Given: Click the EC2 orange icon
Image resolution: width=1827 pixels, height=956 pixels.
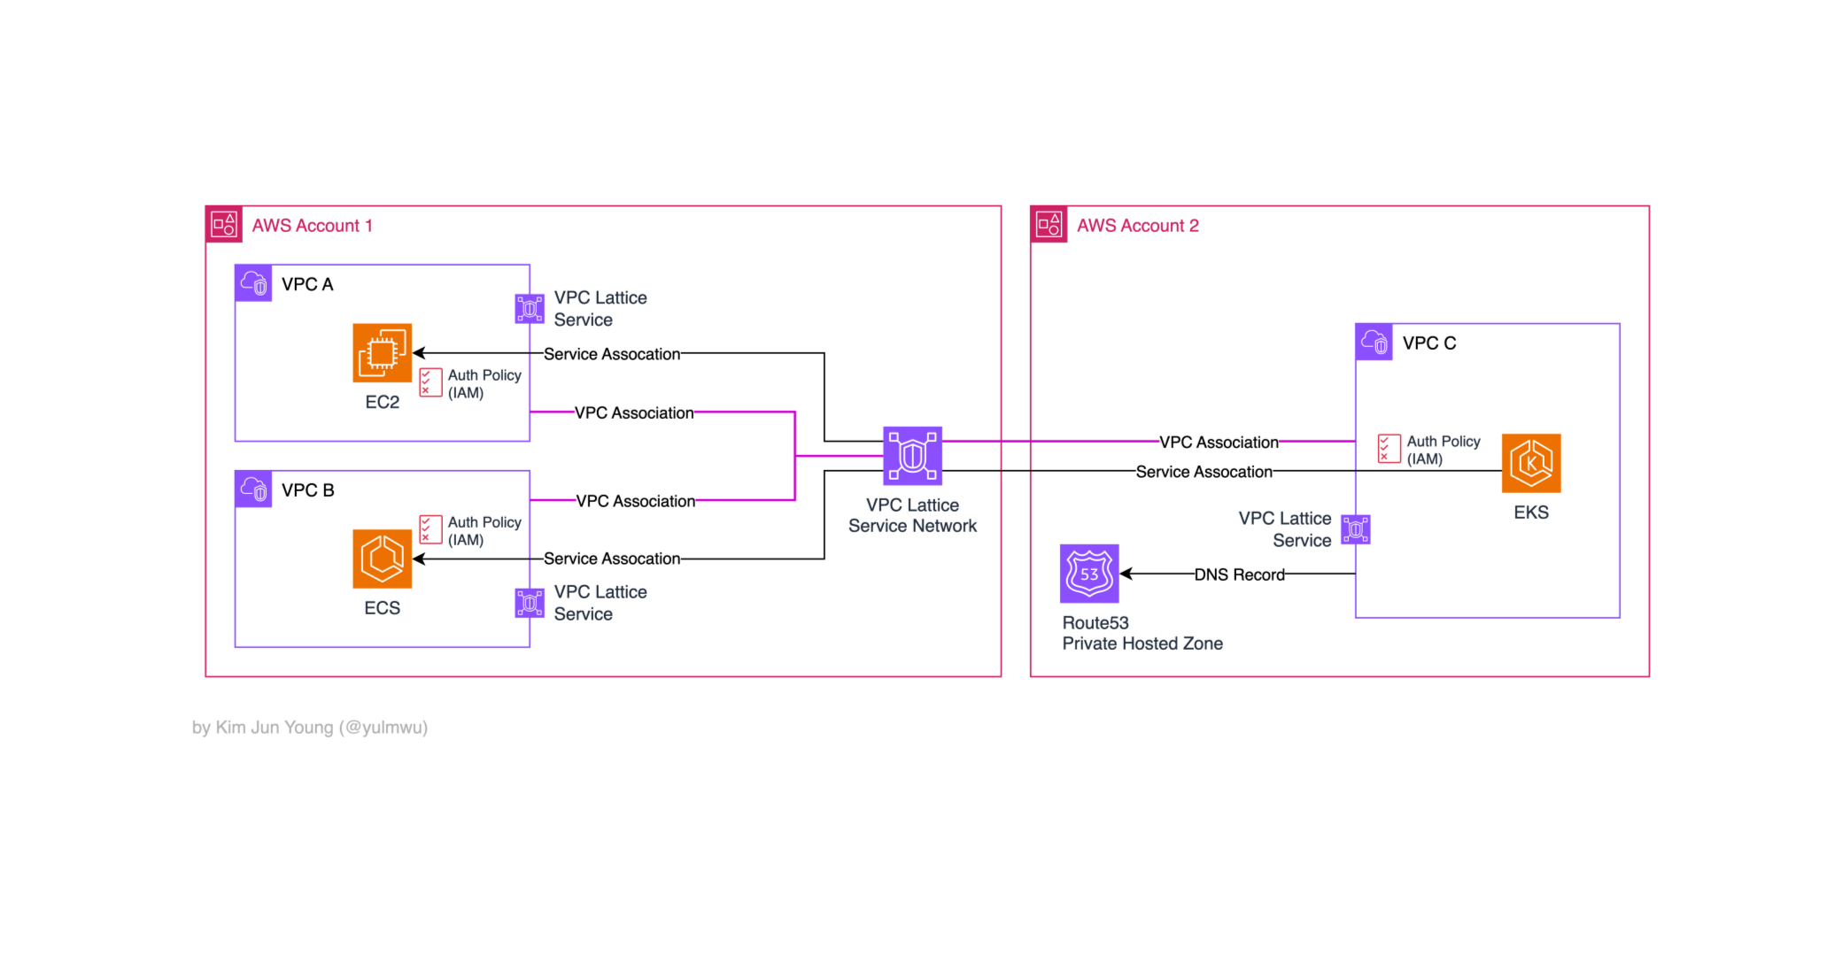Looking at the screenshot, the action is point(382,352).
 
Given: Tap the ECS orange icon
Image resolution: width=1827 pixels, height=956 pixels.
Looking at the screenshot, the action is point(382,559).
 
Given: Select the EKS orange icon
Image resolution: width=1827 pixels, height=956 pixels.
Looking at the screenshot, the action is point(1531,463).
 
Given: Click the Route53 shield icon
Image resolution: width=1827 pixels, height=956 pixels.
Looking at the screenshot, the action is point(1089,574).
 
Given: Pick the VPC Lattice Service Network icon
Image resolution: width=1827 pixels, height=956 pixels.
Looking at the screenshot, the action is point(912,456).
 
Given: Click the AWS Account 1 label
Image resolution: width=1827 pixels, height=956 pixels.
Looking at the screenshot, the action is point(312,226).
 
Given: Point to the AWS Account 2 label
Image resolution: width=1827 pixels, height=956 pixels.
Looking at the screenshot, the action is point(1137,226).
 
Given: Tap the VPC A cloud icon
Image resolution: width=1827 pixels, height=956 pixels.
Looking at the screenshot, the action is point(253,283).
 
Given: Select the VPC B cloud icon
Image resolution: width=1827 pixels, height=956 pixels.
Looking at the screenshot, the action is point(253,490).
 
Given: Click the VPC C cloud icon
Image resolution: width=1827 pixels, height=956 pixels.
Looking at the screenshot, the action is point(1374,342).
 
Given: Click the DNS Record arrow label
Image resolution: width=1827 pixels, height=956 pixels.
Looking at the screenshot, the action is point(1239,574).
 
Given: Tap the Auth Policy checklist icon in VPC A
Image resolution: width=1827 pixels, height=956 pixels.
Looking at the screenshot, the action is point(430,382).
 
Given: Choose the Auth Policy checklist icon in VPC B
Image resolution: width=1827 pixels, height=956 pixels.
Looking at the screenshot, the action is point(430,529).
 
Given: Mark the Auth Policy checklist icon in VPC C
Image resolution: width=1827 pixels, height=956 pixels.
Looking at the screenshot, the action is point(1389,449).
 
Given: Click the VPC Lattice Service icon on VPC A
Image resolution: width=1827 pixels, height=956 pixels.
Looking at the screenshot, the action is point(530,309).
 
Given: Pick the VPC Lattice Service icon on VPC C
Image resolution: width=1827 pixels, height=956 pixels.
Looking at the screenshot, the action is point(1356,529).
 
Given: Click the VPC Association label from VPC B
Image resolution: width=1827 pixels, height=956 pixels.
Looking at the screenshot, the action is point(635,501).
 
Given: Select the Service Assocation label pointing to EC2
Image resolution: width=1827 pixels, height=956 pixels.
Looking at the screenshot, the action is point(612,354).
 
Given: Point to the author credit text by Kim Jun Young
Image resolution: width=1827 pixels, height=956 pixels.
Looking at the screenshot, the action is point(310,728).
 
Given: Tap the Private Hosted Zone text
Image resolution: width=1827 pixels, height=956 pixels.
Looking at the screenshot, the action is point(1142,644).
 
